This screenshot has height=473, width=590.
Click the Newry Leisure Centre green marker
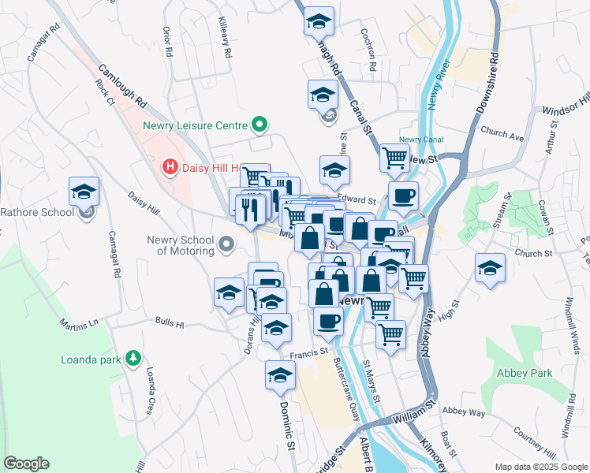258,125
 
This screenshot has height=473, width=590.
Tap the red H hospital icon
169,167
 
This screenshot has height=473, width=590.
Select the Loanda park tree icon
133,359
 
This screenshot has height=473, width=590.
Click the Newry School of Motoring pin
227,244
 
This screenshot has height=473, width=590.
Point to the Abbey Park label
525,373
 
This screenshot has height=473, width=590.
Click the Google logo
26,464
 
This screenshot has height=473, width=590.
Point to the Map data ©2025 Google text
541,467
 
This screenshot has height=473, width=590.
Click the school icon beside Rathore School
84,192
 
